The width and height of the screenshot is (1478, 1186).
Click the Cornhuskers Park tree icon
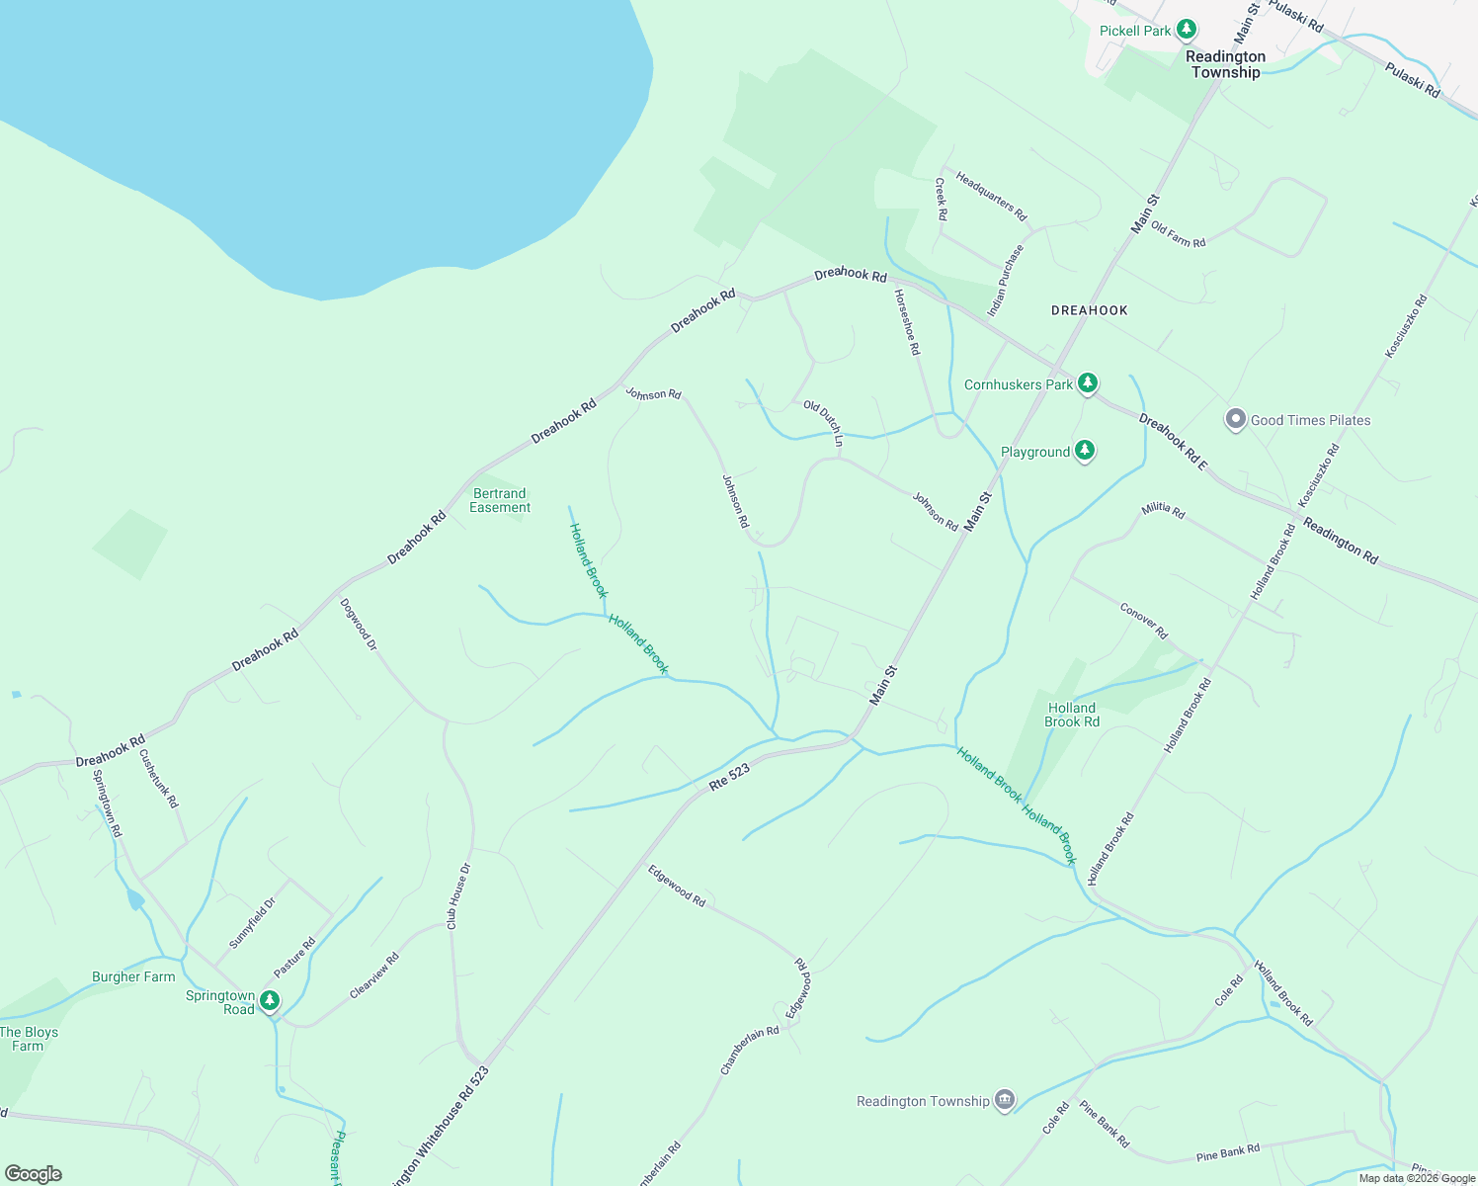click(x=1088, y=382)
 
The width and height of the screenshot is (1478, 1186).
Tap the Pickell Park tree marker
click(x=1188, y=30)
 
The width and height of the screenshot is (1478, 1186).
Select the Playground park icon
click(x=1085, y=451)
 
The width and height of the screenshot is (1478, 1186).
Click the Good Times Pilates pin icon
click(x=1235, y=419)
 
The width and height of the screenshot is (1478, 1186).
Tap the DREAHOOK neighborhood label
click(x=1089, y=310)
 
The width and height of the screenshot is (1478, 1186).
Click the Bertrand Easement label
click(x=500, y=500)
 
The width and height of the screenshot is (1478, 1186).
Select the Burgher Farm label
click(x=133, y=976)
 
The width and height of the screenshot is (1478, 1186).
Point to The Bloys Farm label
click(x=29, y=1039)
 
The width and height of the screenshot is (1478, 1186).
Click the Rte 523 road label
click(x=730, y=777)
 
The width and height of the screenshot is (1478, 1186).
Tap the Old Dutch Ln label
click(x=823, y=422)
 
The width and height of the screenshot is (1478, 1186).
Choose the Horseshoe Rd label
click(x=907, y=322)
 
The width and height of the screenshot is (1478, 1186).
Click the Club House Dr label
click(x=458, y=896)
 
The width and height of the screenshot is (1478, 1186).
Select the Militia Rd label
click(x=1163, y=510)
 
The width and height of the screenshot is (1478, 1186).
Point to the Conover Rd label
click(x=1144, y=620)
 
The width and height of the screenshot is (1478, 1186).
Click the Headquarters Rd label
click(x=991, y=197)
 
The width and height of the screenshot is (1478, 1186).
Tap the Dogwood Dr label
click(x=359, y=625)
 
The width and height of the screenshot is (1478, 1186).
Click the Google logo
click(x=34, y=1174)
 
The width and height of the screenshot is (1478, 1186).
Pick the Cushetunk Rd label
click(x=158, y=779)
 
